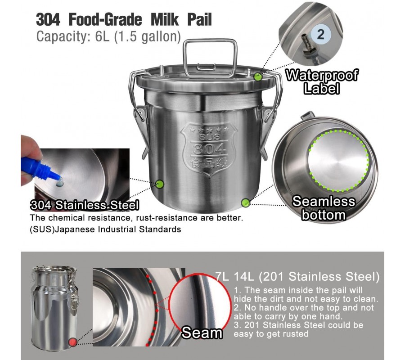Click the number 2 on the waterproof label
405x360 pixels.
320,34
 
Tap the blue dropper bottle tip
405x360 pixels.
58,178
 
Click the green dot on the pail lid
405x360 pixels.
258,76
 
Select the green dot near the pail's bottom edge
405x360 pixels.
246,203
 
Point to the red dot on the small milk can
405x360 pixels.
73,342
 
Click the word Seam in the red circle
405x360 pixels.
202,333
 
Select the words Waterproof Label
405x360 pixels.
322,81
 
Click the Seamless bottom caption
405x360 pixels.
324,208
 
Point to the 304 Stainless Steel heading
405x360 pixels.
85,205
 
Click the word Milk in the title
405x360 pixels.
165,20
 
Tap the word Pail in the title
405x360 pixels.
200,20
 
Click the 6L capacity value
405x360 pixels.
102,36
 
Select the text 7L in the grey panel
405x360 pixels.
222,277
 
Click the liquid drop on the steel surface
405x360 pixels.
60,184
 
